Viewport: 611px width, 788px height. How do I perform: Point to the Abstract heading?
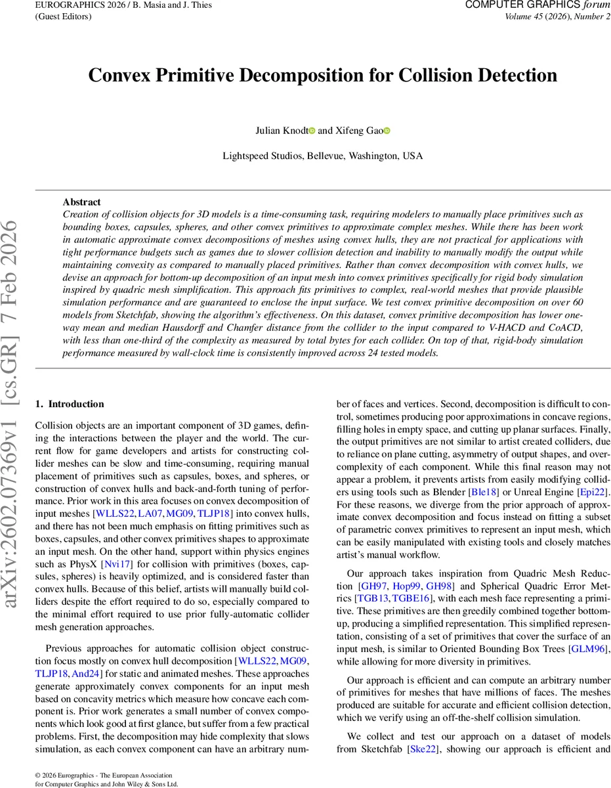click(81, 202)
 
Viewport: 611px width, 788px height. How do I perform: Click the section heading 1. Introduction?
click(69, 404)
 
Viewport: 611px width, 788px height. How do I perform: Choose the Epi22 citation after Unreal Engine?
click(596, 491)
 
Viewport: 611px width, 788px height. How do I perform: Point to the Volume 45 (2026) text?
click(531, 16)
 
